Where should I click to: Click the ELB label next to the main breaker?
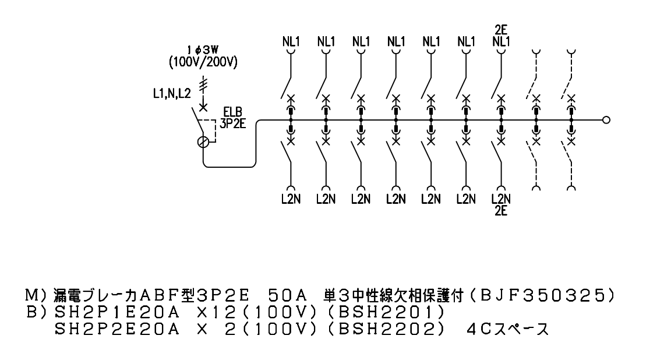(x=233, y=112)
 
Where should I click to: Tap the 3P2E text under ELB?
(x=232, y=123)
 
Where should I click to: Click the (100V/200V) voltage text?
(x=203, y=63)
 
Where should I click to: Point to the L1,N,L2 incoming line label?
(x=172, y=94)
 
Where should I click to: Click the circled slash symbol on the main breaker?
(x=203, y=142)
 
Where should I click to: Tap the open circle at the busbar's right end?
(x=606, y=120)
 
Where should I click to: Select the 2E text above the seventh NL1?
(x=501, y=30)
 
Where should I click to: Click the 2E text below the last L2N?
(x=501, y=210)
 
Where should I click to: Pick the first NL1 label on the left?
(x=291, y=41)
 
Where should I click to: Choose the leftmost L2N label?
(x=291, y=199)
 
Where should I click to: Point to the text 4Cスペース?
(x=504, y=329)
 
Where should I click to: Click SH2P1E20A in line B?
(x=117, y=313)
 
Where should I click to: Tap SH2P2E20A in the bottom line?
(x=117, y=329)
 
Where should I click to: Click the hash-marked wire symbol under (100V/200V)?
(x=204, y=84)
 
